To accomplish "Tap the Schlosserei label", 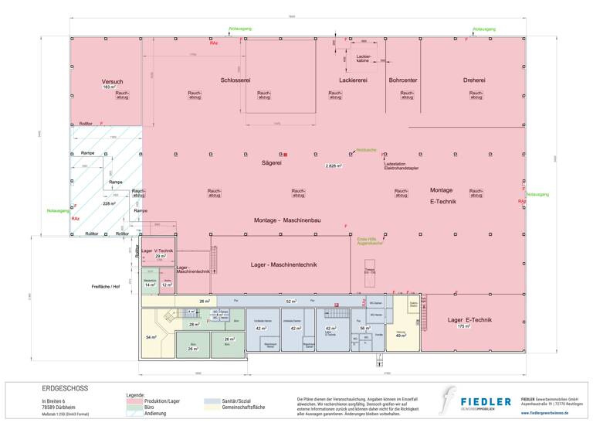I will [236, 80].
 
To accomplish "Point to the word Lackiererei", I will [353, 80].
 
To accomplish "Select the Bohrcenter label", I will [404, 80].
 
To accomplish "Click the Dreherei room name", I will [474, 80].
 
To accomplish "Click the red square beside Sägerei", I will [285, 155].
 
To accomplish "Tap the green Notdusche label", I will [366, 150].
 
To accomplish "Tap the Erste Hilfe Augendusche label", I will [365, 241].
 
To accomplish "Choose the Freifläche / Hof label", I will [106, 286].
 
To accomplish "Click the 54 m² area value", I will [151, 338].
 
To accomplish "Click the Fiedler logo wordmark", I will [486, 401].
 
